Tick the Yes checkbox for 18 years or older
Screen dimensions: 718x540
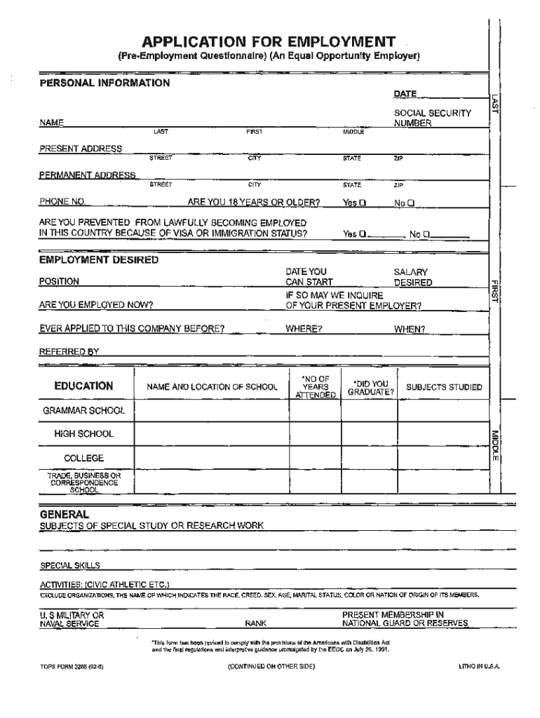coord(363,203)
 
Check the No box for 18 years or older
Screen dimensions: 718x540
coord(412,203)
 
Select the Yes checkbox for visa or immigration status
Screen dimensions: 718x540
coord(363,234)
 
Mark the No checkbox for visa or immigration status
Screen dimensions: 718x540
coord(427,234)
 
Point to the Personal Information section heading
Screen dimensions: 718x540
coord(104,83)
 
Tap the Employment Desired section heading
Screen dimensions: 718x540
coord(98,260)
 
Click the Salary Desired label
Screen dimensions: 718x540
coord(412,277)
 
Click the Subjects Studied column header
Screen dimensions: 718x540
coord(444,387)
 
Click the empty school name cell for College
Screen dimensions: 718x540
coord(212,458)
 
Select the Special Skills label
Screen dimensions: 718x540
coord(69,565)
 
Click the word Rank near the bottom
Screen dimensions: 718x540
coord(255,623)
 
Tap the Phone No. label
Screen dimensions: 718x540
coord(62,203)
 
